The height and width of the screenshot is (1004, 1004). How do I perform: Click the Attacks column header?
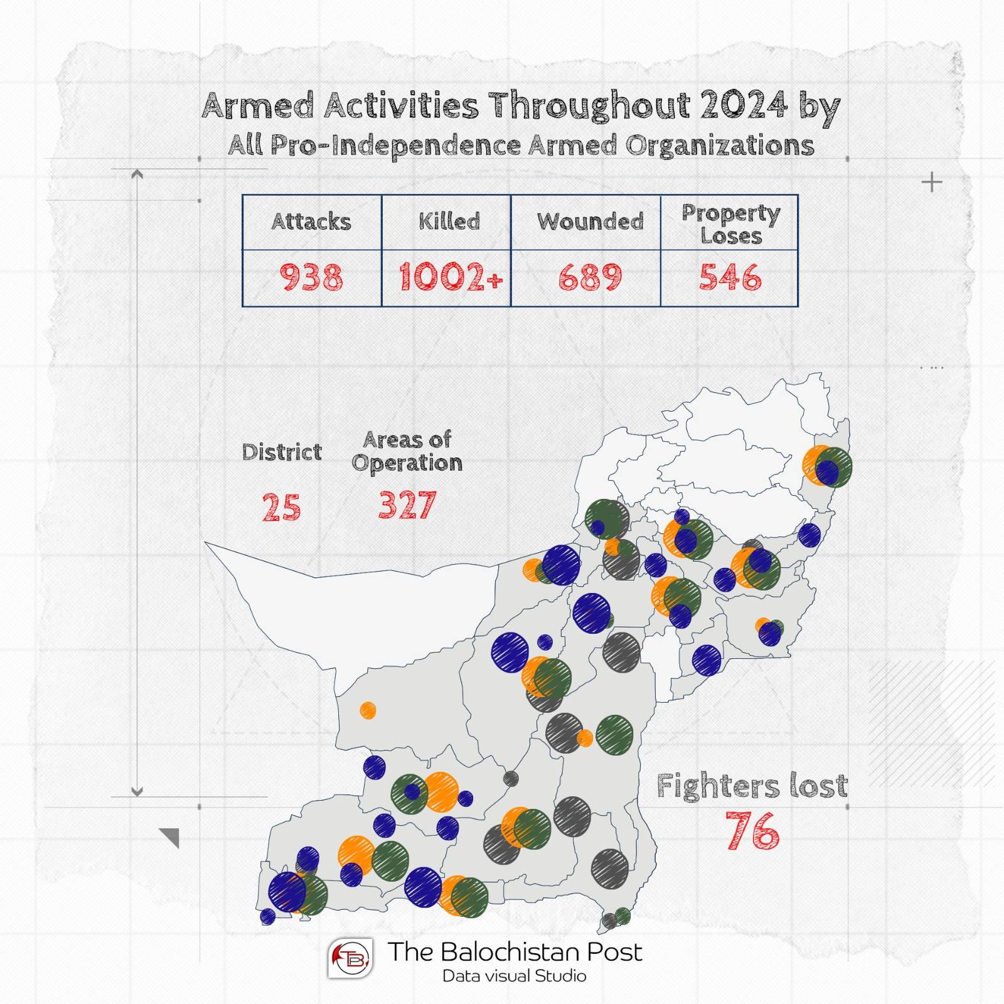click(x=311, y=222)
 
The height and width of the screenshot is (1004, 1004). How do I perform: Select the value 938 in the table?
click(x=311, y=277)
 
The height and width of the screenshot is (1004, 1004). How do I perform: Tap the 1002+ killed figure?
click(x=451, y=277)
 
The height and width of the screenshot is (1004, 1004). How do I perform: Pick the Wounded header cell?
click(x=590, y=222)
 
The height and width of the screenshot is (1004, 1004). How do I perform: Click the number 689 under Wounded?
click(x=590, y=277)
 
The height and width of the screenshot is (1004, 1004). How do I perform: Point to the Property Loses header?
click(x=731, y=224)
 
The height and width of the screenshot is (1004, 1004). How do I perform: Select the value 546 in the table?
click(x=730, y=277)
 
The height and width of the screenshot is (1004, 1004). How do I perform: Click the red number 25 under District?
click(x=281, y=507)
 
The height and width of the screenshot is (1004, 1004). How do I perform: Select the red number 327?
click(x=407, y=505)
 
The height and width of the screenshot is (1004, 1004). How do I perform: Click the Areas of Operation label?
click(x=407, y=451)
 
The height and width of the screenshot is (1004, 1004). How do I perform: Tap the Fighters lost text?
click(x=752, y=786)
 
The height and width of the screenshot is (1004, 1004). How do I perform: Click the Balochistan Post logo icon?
click(x=350, y=958)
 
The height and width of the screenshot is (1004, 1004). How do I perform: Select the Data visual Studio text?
click(x=515, y=976)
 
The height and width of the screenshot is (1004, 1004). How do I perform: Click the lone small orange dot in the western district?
click(x=368, y=710)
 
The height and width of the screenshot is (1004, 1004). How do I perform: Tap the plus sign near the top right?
click(x=932, y=183)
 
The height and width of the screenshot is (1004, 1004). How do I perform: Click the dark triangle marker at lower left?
click(x=171, y=836)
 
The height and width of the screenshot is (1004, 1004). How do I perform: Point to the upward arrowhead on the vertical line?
click(x=137, y=174)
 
